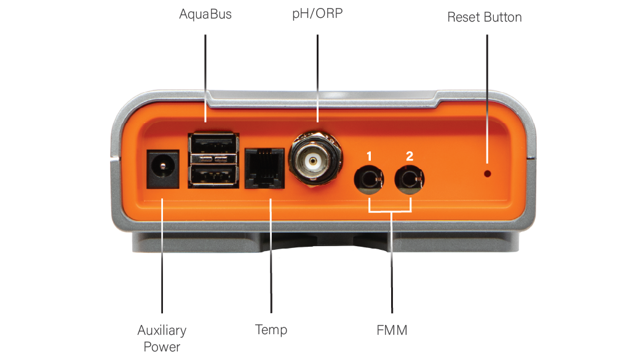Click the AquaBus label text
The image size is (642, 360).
click(205, 14)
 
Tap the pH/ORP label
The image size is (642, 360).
click(317, 14)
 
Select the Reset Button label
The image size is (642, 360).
click(485, 17)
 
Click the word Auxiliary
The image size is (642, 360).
click(162, 330)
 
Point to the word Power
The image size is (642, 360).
click(162, 347)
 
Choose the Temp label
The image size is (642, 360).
click(271, 330)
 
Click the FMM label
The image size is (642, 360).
click(392, 330)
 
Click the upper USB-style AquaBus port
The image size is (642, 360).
click(213, 144)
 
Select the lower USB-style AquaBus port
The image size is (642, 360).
click(213, 176)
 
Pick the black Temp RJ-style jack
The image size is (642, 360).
click(264, 169)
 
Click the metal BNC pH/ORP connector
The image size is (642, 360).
click(314, 160)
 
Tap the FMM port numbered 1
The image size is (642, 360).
click(368, 180)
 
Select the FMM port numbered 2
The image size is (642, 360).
click(409, 180)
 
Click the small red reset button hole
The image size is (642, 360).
click(487, 174)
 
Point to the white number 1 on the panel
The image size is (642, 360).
click(370, 156)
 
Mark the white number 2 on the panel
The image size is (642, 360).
click(410, 156)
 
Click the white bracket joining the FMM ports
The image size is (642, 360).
click(390, 211)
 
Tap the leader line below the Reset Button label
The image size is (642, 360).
click(487, 99)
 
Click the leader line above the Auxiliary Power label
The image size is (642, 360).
click(162, 255)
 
